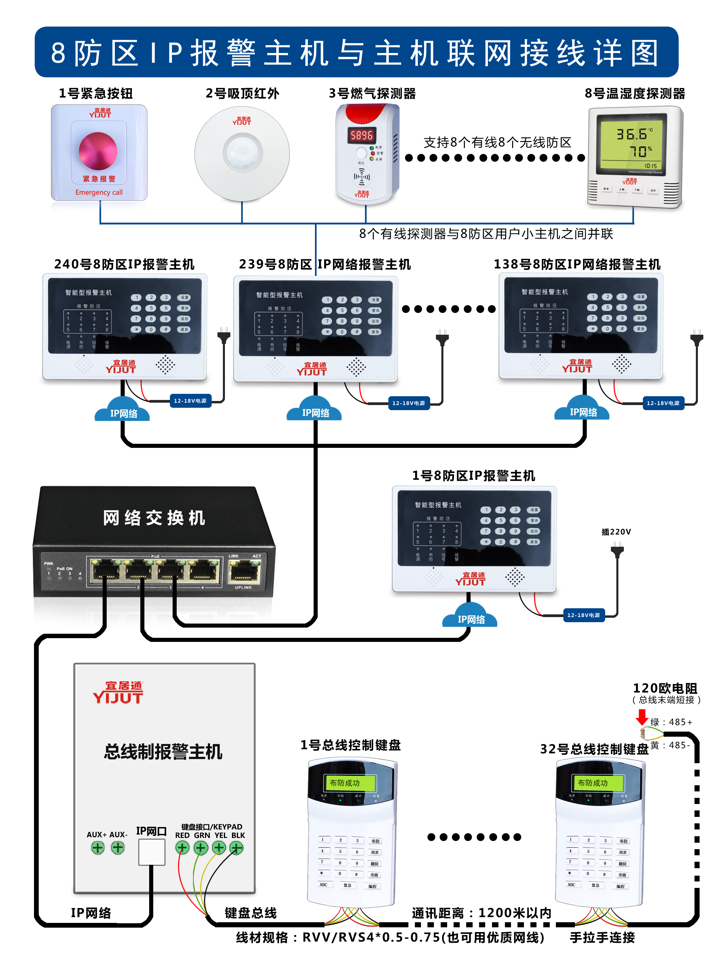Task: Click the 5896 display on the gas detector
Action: coord(362,135)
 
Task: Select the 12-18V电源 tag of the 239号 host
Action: coord(408,403)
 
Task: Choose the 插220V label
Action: coord(616,531)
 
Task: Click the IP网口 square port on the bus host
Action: coord(152,852)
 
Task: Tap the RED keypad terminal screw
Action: coord(182,847)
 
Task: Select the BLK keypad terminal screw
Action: coord(236,847)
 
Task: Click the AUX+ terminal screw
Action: coord(98,847)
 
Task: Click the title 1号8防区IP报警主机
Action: coord(473,475)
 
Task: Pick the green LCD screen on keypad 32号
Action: coord(597,782)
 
